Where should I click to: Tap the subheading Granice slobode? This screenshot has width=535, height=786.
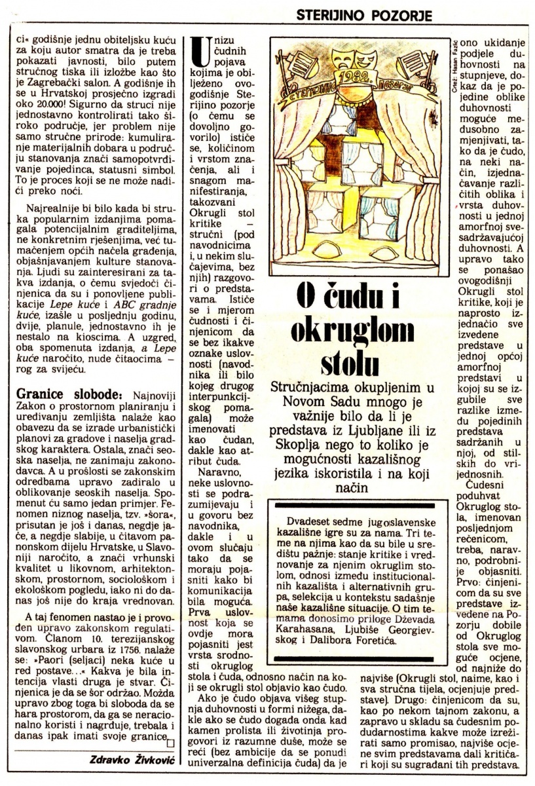tap(65, 397)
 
